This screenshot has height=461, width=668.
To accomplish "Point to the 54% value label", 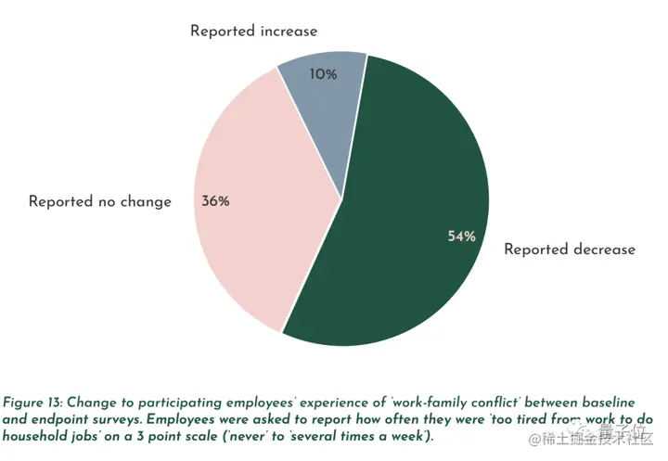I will coord(461,237).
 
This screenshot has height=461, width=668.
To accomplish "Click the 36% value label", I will coord(215,200).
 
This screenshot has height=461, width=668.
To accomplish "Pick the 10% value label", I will coord(323,74).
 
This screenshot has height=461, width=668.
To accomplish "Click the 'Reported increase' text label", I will coord(253,31).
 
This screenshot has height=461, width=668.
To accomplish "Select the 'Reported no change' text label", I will coord(100,201).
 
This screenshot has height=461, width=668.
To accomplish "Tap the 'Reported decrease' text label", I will coord(569,249).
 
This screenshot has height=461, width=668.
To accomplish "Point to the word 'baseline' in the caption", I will coord(608,403).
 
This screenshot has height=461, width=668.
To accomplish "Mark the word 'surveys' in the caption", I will coord(117,419).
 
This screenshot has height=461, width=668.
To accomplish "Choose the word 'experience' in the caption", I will coord(324,403).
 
